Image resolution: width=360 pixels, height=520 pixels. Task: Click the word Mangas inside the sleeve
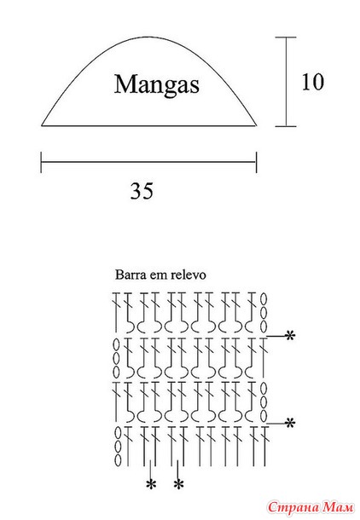(157, 85)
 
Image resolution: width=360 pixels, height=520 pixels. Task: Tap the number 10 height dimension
(312, 82)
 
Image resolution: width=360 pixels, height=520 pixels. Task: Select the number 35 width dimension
(142, 191)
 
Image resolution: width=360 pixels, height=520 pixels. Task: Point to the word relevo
(189, 275)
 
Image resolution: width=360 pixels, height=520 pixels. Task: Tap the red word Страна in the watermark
(294, 507)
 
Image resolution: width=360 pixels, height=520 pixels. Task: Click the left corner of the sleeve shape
(42, 125)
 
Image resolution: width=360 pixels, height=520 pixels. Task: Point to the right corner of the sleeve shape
(257, 125)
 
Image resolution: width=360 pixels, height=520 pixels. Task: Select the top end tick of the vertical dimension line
(286, 38)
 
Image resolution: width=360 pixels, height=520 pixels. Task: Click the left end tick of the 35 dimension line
(41, 162)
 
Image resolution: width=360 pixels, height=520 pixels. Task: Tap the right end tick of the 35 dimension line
(257, 162)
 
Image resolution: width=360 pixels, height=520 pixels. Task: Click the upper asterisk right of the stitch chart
(290, 336)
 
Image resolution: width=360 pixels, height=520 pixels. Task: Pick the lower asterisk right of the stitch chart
(290, 423)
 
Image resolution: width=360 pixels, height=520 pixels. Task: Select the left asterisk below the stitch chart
(151, 484)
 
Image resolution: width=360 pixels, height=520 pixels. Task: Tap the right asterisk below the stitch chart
(178, 484)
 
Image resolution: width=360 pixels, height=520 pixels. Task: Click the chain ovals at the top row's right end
(264, 313)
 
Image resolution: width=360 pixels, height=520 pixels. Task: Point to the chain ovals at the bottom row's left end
(118, 447)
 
